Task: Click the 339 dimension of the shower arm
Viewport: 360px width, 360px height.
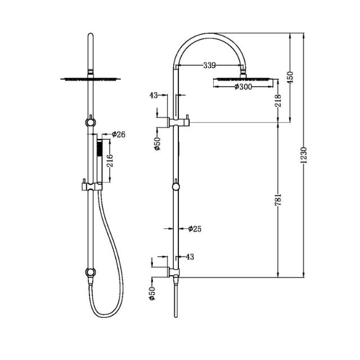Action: [x=209, y=66]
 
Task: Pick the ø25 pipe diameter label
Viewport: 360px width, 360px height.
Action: [x=195, y=228]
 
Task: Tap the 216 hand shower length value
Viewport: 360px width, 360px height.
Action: [x=111, y=161]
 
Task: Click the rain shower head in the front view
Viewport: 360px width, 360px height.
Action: [x=89, y=79]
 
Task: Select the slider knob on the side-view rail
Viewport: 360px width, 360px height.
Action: [x=177, y=187]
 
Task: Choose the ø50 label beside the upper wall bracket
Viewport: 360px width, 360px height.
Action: [x=157, y=143]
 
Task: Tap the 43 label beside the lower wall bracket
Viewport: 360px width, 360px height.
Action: [x=189, y=257]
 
